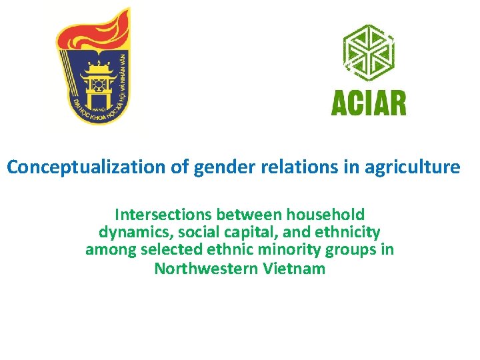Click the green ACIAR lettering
[368, 103]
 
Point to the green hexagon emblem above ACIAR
[368, 52]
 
